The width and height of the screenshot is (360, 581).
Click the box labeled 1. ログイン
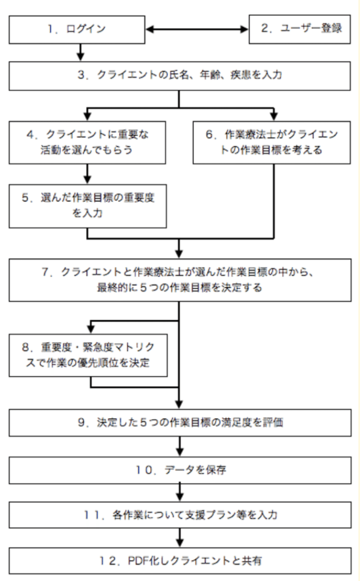click(81, 28)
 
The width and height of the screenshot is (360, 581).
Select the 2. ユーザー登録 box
click(301, 28)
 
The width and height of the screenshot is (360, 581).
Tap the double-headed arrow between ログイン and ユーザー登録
click(200, 28)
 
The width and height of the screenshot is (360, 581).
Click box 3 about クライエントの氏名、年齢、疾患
click(179, 74)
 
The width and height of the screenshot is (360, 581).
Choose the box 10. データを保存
click(179, 468)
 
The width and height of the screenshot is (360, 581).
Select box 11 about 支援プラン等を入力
click(179, 515)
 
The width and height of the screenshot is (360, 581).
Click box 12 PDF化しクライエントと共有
click(179, 560)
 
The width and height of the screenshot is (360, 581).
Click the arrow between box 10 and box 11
click(179, 492)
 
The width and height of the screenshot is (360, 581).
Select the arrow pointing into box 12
click(179, 537)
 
